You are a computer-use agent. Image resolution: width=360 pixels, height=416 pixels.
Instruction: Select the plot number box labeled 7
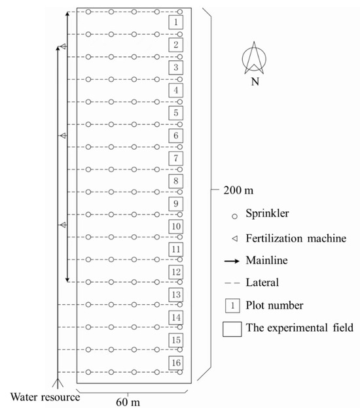[x=175, y=158]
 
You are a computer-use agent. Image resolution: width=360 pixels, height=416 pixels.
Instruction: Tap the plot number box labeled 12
[x=175, y=271]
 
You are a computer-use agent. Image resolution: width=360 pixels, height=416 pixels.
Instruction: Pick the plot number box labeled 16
[x=175, y=362]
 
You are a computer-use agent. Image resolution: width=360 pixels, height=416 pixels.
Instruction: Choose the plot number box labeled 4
[x=175, y=90]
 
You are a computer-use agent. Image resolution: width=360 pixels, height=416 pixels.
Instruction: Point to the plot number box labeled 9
[x=175, y=203]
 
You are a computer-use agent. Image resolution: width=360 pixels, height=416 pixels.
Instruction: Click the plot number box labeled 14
[x=175, y=317]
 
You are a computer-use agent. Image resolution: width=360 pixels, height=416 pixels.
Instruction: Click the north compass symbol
[x=255, y=58]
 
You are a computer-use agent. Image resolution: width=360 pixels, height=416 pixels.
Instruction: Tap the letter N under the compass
[x=255, y=83]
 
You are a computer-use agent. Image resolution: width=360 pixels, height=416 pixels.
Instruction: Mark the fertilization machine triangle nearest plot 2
[x=63, y=46]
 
